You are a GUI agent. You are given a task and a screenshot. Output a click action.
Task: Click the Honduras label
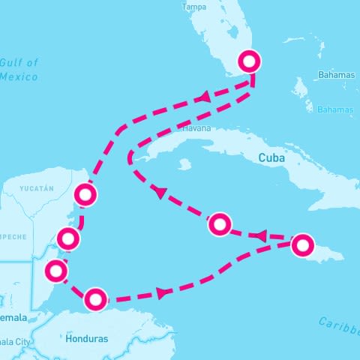(x=87, y=339)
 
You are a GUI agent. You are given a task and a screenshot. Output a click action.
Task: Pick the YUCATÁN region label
(x=37, y=187)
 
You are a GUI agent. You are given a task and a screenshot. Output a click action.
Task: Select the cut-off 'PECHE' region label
(x=13, y=237)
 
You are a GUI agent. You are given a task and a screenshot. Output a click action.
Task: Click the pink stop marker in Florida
(x=249, y=61)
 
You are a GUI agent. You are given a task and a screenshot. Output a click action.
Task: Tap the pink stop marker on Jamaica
(x=302, y=244)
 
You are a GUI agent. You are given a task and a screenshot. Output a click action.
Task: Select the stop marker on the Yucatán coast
(x=86, y=195)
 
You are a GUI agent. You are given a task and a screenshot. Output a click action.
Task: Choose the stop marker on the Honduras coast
(x=95, y=299)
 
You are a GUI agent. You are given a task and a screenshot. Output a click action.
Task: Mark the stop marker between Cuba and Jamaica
(x=219, y=223)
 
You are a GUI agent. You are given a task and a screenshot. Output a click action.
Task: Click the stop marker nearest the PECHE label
(x=68, y=240)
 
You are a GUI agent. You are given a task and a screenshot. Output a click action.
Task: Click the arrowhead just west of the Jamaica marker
(x=261, y=236)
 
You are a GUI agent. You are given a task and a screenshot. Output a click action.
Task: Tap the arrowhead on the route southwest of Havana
(x=159, y=193)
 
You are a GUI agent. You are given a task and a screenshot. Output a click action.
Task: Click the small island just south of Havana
(x=184, y=163)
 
